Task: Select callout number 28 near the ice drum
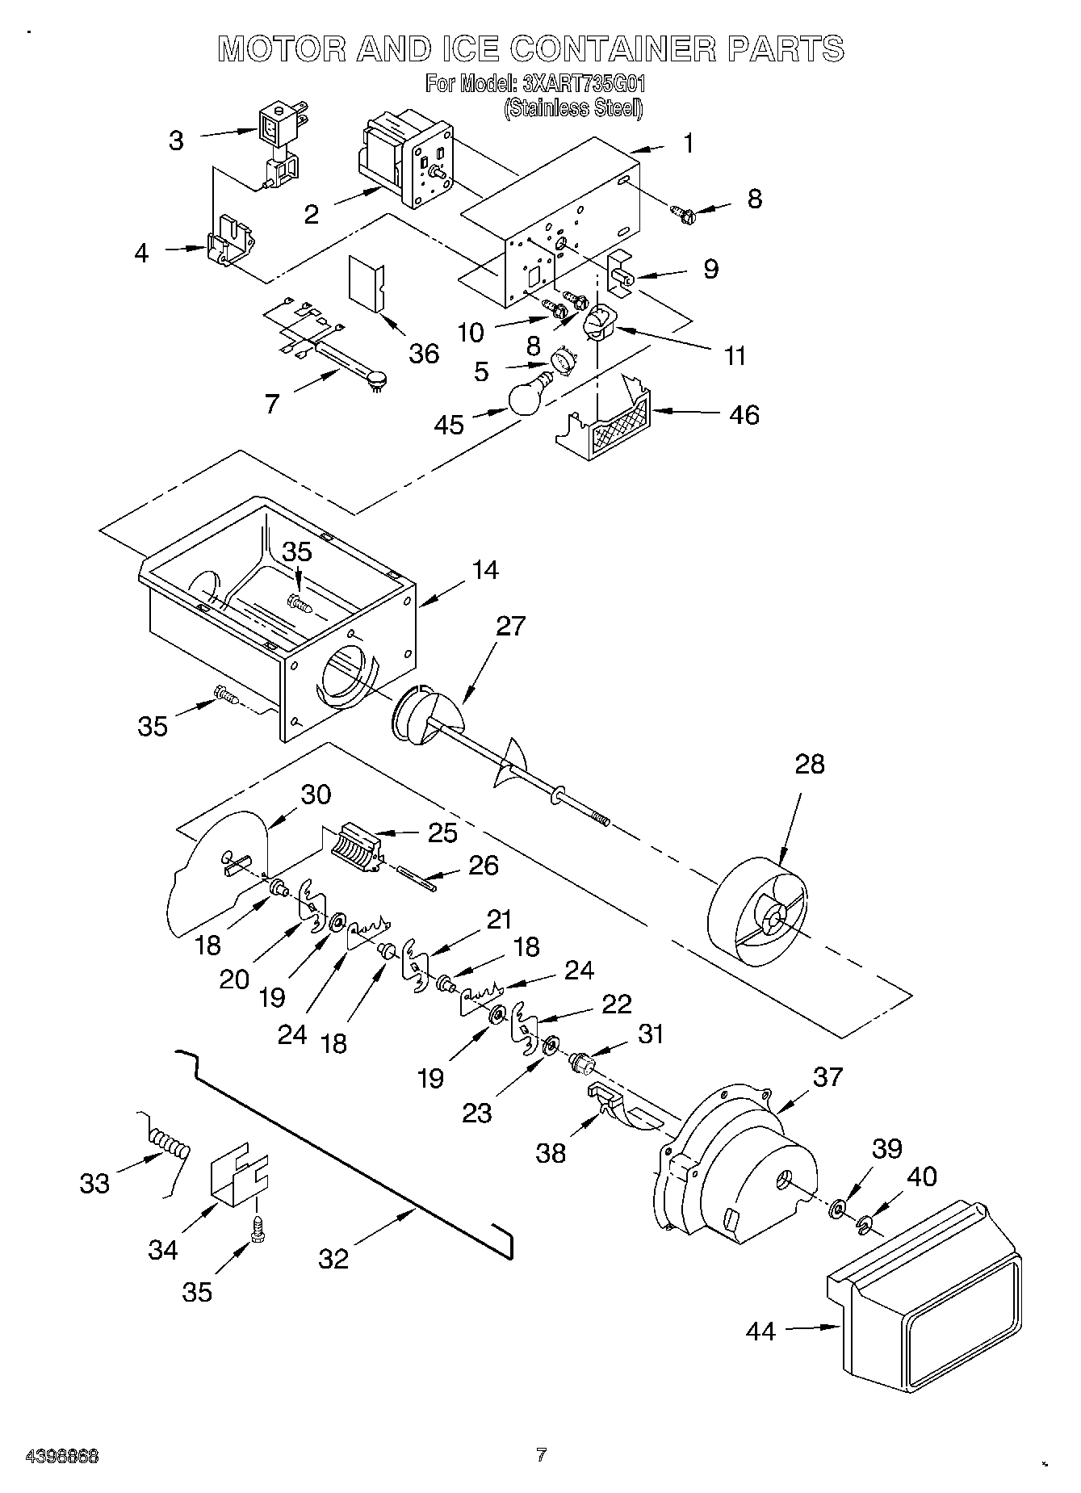(809, 764)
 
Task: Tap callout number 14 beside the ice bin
(484, 570)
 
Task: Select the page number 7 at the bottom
(541, 1454)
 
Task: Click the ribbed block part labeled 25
(355, 848)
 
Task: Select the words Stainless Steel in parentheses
(573, 107)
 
